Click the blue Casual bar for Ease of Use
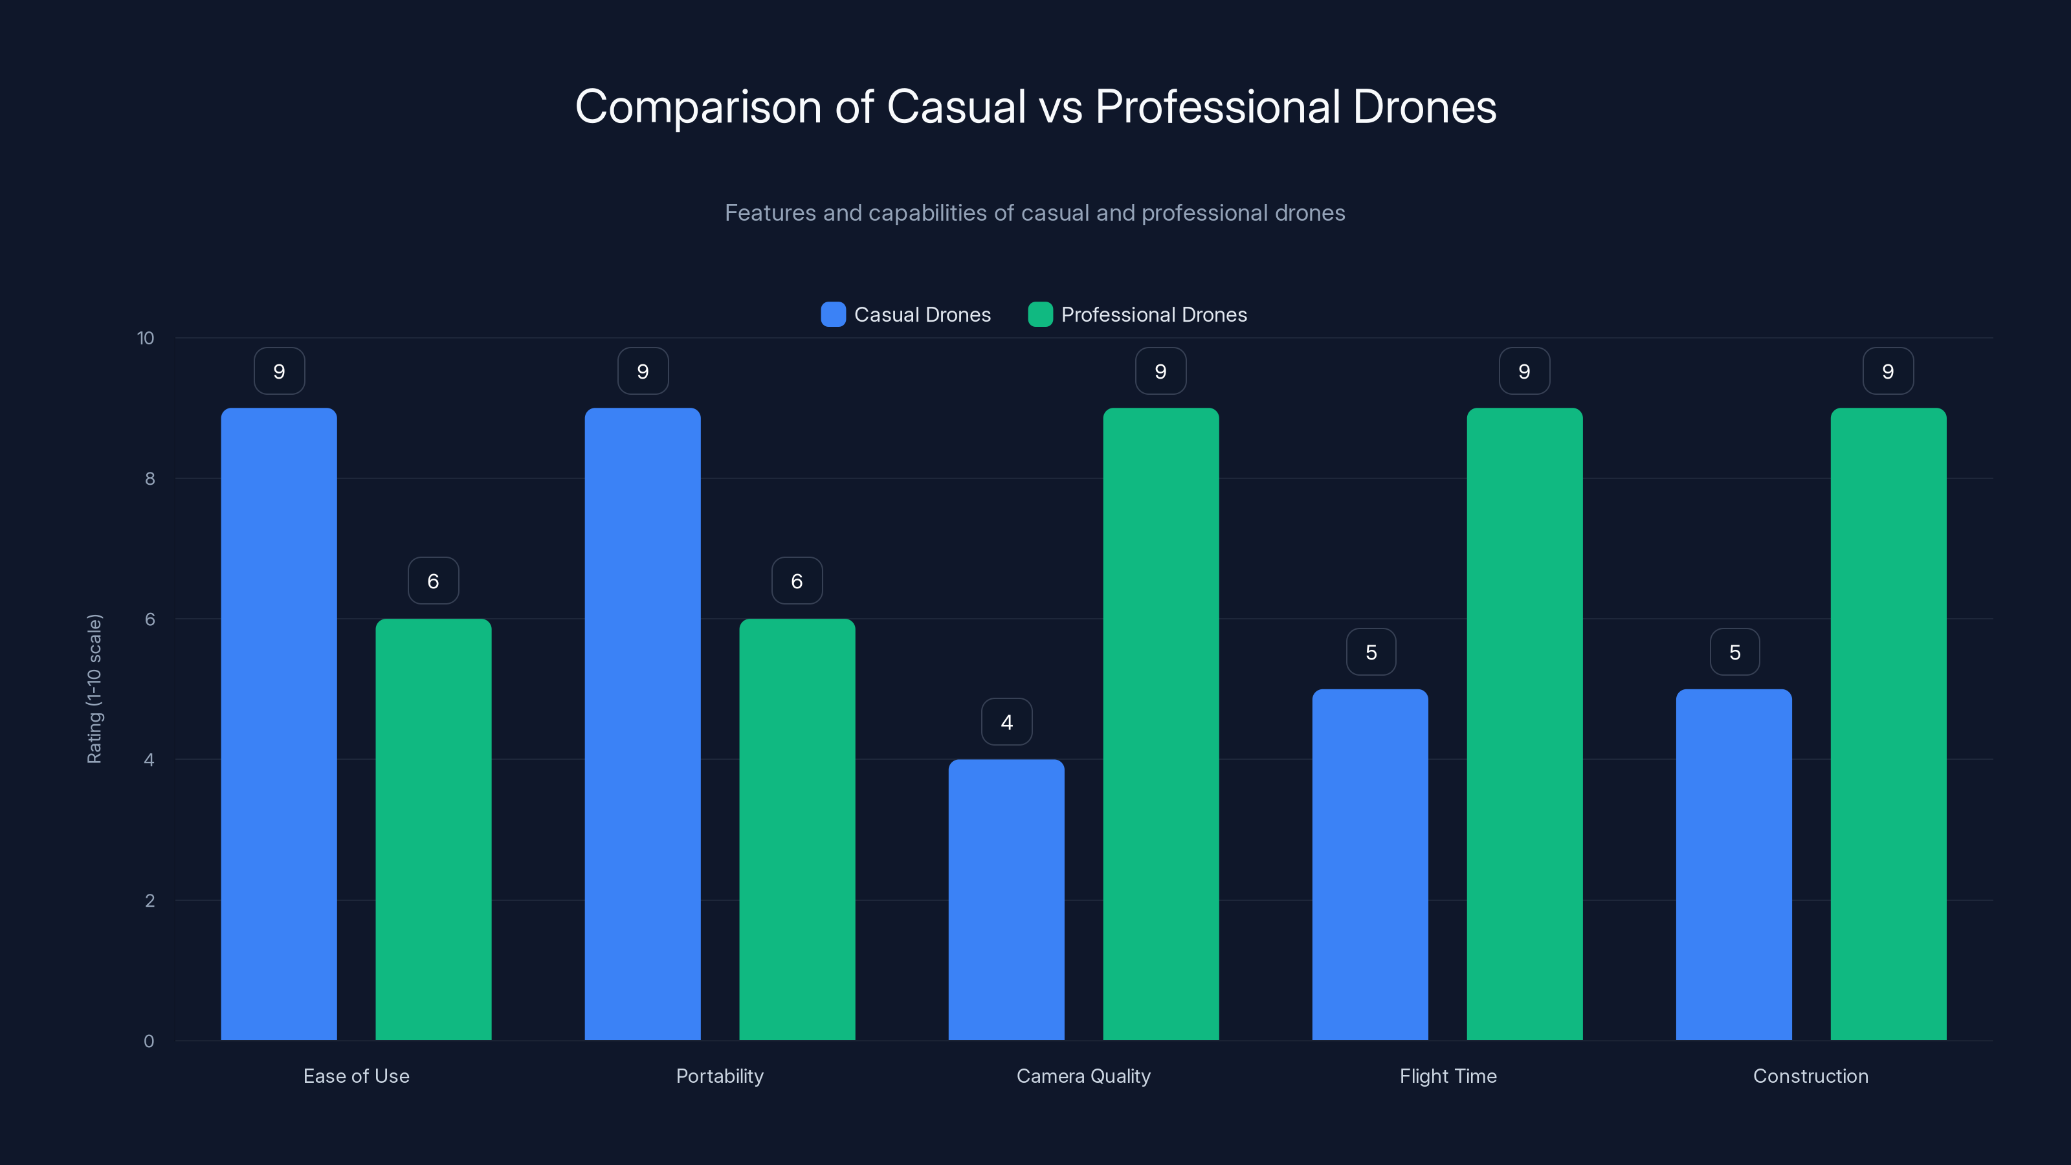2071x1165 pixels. [279, 724]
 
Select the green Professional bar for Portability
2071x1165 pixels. [797, 829]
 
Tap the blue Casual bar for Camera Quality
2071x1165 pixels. [1006, 900]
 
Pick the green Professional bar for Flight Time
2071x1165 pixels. [1524, 724]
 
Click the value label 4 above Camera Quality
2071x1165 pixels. [1006, 722]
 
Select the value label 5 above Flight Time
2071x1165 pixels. [1371, 652]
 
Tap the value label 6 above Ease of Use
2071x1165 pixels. [434, 581]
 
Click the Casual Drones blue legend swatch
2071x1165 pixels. [833, 315]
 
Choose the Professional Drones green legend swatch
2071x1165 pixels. [1040, 315]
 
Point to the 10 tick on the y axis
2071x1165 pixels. [146, 338]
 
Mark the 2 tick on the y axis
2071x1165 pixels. [150, 900]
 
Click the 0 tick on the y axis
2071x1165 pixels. [149, 1041]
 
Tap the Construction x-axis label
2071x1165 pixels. [1811, 1076]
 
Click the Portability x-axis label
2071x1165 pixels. [720, 1076]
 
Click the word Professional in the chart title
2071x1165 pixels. [1217, 107]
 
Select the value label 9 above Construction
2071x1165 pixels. [1888, 372]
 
